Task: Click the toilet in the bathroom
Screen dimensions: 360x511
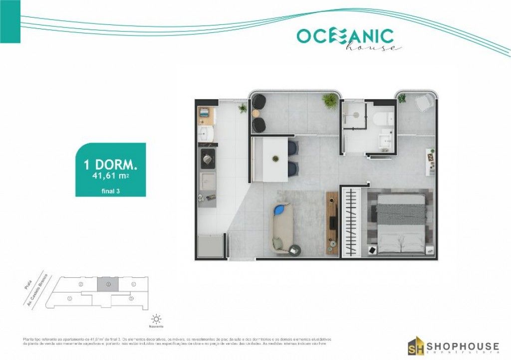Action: tap(384, 119)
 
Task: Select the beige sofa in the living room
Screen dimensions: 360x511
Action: tap(282, 227)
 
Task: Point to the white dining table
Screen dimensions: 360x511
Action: tap(269, 160)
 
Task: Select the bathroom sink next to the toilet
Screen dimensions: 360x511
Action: tap(385, 140)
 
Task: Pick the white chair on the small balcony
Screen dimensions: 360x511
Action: tap(423, 103)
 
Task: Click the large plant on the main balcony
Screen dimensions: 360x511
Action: tap(330, 100)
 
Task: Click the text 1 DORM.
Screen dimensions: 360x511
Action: tap(110, 164)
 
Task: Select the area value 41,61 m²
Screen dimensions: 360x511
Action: tap(111, 176)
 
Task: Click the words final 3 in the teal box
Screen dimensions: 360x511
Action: tap(110, 190)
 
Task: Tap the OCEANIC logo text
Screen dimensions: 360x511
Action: tap(345, 35)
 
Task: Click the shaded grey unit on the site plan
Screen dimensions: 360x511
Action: tap(108, 284)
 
